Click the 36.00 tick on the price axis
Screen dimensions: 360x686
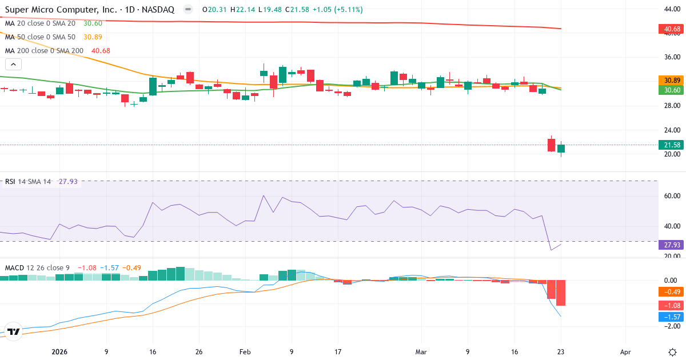[668, 57]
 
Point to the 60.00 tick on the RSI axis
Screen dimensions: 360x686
[668, 196]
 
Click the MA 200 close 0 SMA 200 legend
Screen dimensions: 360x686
[44, 50]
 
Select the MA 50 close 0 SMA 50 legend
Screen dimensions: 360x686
[40, 37]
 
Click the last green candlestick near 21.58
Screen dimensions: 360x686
[561, 149]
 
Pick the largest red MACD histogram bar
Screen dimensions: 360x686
[561, 293]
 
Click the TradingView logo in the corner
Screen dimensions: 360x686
[14, 331]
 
